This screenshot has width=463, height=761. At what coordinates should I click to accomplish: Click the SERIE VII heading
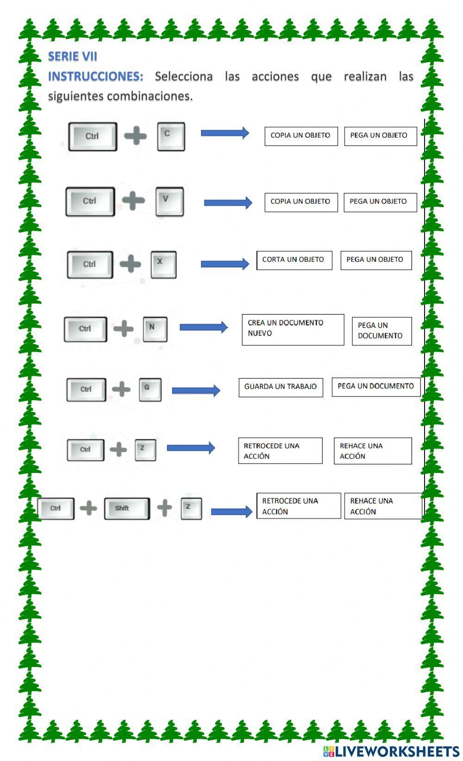click(x=73, y=57)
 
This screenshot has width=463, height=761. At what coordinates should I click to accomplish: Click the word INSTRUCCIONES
click(x=96, y=76)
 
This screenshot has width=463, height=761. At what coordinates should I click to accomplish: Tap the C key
click(x=171, y=136)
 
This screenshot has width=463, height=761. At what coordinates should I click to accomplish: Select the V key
click(x=169, y=201)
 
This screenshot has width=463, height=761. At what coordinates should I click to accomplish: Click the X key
click(x=163, y=264)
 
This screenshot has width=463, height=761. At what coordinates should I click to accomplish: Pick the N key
click(x=155, y=329)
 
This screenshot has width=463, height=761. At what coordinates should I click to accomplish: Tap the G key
click(x=150, y=390)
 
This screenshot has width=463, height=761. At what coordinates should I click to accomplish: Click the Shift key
click(x=126, y=509)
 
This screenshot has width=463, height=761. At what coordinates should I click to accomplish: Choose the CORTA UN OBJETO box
click(x=294, y=260)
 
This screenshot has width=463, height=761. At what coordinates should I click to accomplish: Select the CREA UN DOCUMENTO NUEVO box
click(x=293, y=329)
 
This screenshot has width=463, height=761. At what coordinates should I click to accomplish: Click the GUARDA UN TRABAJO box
click(x=281, y=387)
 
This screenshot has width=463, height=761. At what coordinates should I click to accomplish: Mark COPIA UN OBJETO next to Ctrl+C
click(x=301, y=136)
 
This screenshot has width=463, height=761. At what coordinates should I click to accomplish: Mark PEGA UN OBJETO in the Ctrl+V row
click(x=380, y=202)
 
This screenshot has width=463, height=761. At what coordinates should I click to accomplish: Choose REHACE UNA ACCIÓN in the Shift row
click(x=382, y=506)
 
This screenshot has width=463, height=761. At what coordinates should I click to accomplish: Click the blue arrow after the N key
click(x=203, y=327)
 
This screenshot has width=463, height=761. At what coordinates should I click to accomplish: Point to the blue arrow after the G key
click(x=196, y=390)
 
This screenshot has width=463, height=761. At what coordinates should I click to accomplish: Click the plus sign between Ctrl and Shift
click(x=88, y=508)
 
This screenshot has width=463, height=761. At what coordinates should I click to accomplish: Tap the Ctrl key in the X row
click(x=90, y=264)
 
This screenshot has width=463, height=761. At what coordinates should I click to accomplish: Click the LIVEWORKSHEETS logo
click(x=391, y=751)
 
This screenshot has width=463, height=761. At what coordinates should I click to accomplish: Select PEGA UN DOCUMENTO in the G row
click(x=375, y=386)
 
